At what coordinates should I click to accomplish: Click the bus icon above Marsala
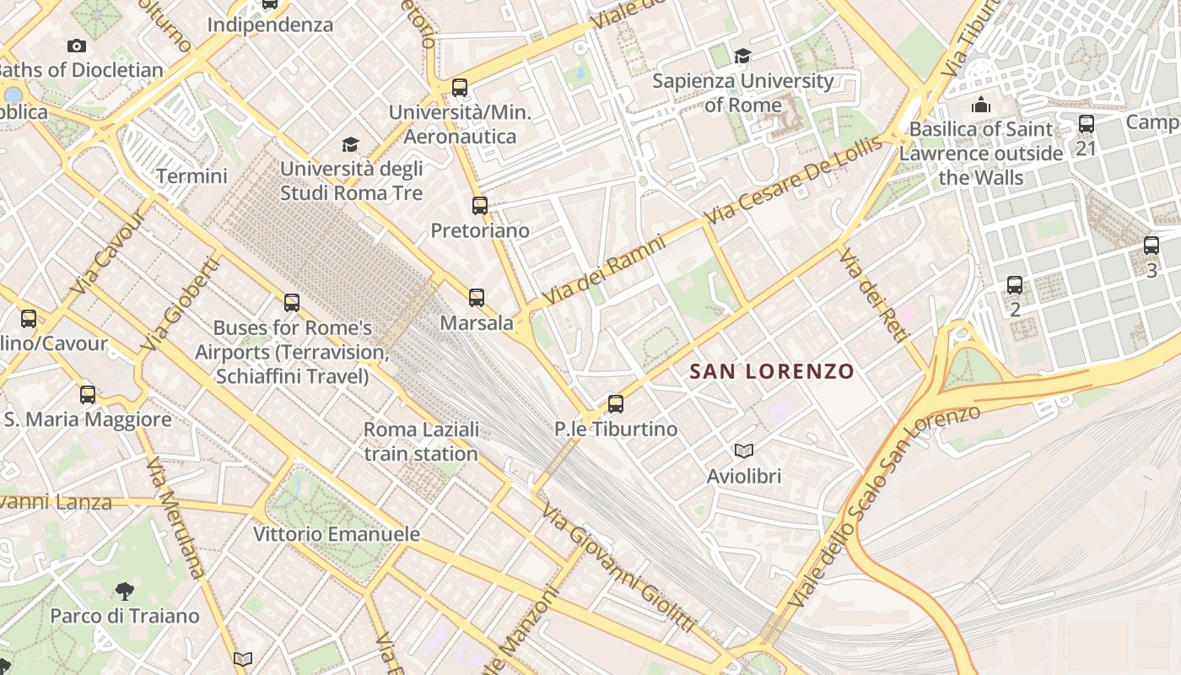pos(477,297)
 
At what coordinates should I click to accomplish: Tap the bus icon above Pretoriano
pos(480,205)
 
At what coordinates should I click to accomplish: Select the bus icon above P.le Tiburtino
pos(616,404)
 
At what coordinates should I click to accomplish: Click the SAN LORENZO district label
pos(772,371)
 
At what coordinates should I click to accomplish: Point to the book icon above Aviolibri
pos(743,451)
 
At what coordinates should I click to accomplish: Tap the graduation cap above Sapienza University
pos(742,56)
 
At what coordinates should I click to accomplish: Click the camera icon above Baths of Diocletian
pos(77,46)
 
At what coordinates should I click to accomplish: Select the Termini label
pos(191,176)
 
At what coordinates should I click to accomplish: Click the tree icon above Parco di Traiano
pos(125,591)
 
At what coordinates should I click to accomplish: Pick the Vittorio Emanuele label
pos(337,534)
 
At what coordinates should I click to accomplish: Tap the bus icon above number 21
pos(1087,124)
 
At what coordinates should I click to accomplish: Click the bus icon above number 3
pos(1151,246)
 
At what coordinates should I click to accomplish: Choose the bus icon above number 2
pos(1015,285)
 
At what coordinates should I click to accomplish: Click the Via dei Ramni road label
pos(604,270)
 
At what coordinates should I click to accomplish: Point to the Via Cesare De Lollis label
pos(795,179)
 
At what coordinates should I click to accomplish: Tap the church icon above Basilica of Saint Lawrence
pos(981,105)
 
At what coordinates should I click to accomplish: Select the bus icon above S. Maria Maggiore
pos(88,394)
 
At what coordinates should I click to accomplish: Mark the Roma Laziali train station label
pos(421,441)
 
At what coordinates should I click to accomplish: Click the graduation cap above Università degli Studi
pos(350,145)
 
